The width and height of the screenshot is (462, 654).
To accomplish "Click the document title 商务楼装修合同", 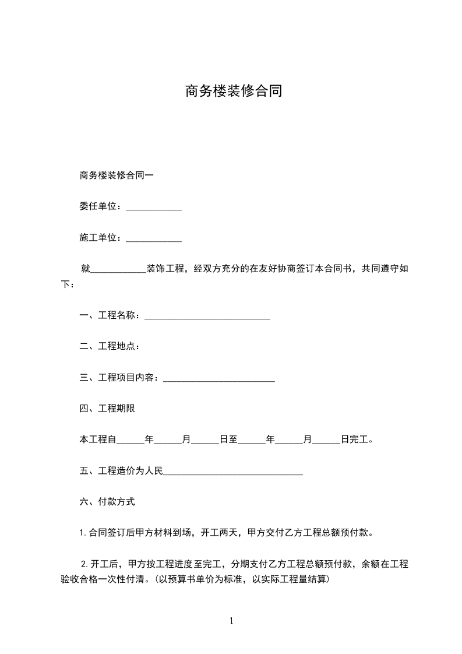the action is [234, 91].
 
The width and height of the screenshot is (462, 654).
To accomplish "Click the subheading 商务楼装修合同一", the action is [117, 174].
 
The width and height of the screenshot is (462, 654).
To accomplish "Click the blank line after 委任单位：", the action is [154, 207].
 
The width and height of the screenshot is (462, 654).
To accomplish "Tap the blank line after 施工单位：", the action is [154, 238].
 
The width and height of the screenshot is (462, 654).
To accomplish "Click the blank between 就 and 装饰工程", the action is [119, 270].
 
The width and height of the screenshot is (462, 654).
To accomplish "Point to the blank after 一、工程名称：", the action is [207, 317].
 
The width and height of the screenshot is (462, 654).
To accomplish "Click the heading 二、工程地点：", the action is [110, 346].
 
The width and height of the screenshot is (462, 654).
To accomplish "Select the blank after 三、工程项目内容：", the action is [218, 379].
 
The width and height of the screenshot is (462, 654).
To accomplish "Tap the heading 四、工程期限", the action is [107, 409].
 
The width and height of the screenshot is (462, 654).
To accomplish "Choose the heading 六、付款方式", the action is [107, 501].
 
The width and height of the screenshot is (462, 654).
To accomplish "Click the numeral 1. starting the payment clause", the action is [83, 533].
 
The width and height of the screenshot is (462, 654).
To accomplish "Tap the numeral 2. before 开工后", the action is [84, 564].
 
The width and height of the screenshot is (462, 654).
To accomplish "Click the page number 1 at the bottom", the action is [231, 621].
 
